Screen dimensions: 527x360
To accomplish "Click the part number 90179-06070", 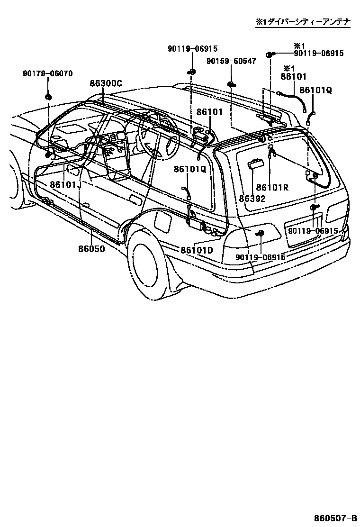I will click(x=47, y=73).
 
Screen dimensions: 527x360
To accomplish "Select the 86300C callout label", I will click(x=106, y=83).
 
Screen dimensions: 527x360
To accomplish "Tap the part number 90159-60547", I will click(x=231, y=61).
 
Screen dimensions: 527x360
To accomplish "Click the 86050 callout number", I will click(x=92, y=248).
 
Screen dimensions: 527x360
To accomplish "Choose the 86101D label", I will click(x=196, y=250).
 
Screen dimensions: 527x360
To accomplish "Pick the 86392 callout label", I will click(x=252, y=199).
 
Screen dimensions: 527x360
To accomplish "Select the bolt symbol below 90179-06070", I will click(x=48, y=97).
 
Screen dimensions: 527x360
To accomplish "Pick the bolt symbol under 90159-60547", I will click(x=231, y=84).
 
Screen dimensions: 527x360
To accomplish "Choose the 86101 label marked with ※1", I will click(x=294, y=76).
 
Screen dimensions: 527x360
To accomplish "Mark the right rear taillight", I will click(x=337, y=207).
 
